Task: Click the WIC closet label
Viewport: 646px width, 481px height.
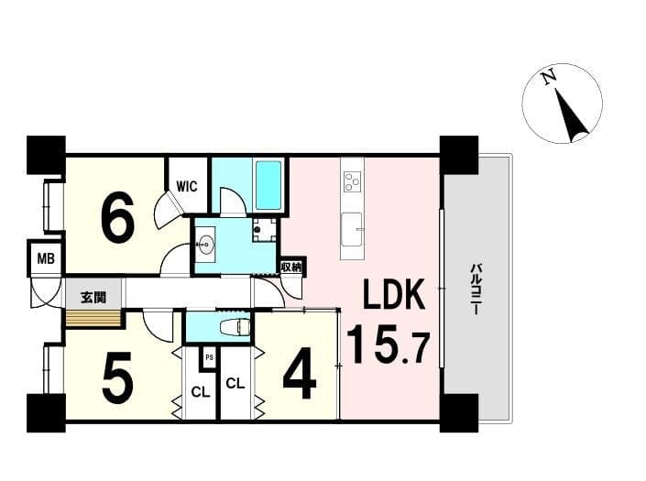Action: tap(187, 186)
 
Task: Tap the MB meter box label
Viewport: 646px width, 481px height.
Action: tap(46, 259)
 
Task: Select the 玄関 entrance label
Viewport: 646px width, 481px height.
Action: tap(93, 298)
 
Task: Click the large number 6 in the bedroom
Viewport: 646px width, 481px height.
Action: tap(117, 218)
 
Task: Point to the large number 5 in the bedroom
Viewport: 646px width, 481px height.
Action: tap(118, 377)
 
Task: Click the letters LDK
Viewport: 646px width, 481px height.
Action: tap(394, 294)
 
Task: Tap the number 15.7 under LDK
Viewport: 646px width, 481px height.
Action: tap(389, 344)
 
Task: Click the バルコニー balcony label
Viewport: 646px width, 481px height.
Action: tap(475, 290)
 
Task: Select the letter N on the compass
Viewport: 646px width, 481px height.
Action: tap(548, 78)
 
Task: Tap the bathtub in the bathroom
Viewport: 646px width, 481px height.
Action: tap(268, 185)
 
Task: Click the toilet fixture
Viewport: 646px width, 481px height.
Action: tap(235, 327)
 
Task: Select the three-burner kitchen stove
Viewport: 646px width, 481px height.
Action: tap(353, 181)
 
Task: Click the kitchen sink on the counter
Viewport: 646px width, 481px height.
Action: tap(352, 229)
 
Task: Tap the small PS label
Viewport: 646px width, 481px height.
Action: tap(209, 357)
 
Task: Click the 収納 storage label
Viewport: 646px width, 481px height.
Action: tap(291, 268)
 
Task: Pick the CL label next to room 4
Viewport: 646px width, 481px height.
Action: tap(235, 384)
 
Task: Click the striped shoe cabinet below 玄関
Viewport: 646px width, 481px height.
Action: tap(93, 319)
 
